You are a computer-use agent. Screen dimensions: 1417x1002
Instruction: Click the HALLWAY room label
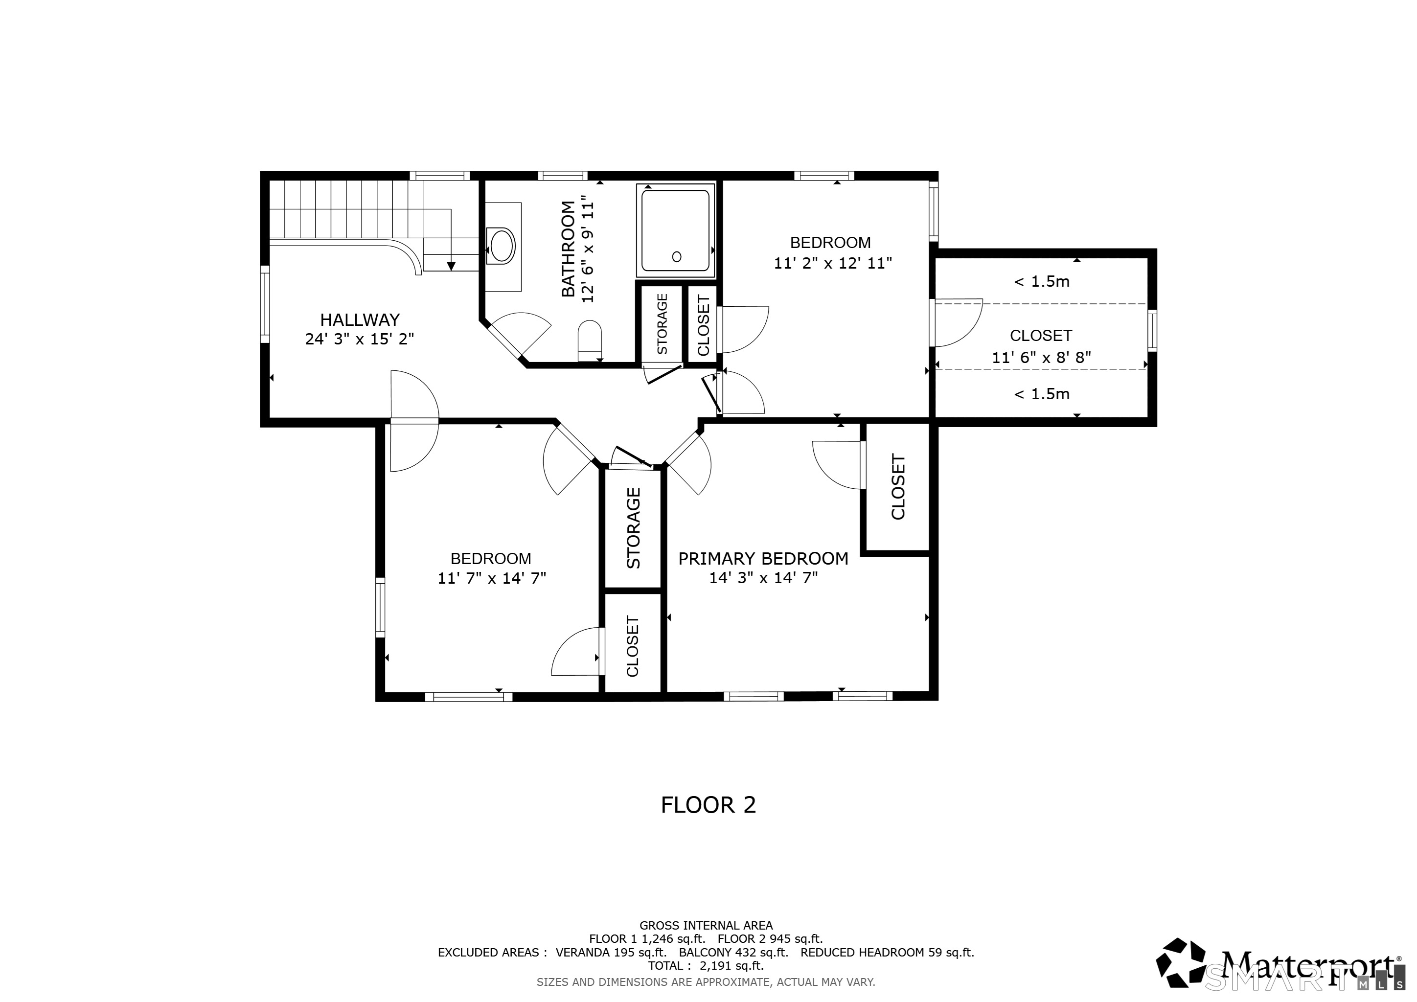(x=360, y=319)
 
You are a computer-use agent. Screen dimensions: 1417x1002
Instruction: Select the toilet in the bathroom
(x=590, y=340)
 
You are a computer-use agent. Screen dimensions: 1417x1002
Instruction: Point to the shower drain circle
(x=676, y=257)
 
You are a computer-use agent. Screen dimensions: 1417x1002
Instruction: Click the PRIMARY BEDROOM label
(x=763, y=558)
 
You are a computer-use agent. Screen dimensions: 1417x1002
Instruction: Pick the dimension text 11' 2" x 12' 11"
(x=833, y=263)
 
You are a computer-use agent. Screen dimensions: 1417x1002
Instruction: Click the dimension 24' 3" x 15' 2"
(x=360, y=339)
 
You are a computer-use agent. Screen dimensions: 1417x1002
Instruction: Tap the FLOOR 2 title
(x=708, y=804)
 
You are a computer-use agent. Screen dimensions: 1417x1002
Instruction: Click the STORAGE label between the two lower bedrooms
(x=634, y=528)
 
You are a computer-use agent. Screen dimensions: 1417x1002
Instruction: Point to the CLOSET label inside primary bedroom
(x=898, y=487)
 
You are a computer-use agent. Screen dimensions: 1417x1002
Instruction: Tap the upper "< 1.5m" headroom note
(x=1042, y=281)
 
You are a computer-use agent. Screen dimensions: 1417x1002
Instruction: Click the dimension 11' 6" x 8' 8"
(x=1042, y=357)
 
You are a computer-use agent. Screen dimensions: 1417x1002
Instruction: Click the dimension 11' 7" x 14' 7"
(x=492, y=578)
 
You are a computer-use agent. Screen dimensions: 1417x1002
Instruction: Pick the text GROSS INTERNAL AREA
(x=706, y=926)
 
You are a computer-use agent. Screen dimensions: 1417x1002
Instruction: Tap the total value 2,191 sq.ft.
(x=732, y=966)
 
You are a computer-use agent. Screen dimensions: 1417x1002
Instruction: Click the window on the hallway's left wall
(x=265, y=304)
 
